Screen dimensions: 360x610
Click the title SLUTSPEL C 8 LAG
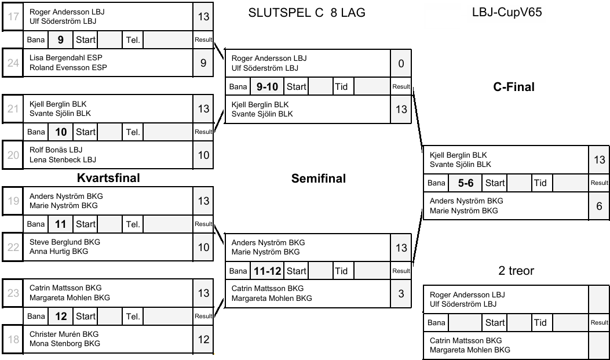tap(306, 13)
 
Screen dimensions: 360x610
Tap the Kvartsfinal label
tap(108, 177)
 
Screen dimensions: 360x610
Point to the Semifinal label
tap(318, 179)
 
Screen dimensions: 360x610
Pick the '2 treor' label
tap(516, 271)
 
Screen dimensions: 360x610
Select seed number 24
tap(13, 63)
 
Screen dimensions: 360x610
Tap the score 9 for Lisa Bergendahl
tap(203, 63)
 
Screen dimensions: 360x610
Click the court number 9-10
tap(267, 87)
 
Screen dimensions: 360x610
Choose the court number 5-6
tap(466, 183)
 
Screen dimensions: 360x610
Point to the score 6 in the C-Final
tap(599, 206)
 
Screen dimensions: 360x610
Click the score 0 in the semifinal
tap(401, 63)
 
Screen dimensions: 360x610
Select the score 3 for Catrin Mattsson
tap(401, 293)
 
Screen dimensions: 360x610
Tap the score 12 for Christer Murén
tap(203, 340)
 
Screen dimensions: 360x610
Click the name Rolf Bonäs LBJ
tap(56, 150)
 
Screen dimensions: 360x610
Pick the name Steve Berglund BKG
tap(65, 242)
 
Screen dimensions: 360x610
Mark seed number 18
tap(13, 340)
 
